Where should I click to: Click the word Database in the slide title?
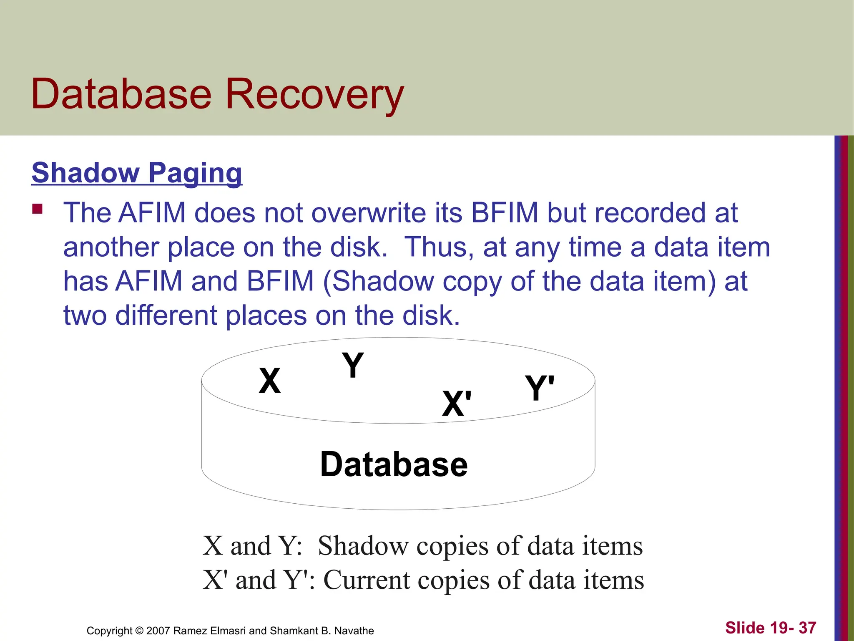pos(121,94)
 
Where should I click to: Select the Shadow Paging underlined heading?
pos(137,173)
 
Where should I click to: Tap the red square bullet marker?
pos(38,209)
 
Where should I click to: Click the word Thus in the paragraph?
pos(439,247)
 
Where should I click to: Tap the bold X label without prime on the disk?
pos(269,381)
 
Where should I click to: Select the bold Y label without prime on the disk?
pos(353,365)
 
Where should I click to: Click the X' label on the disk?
pos(457,404)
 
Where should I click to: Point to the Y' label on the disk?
pos(540,388)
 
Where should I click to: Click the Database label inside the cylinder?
pos(394,464)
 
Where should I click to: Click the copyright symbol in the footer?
pos(139,631)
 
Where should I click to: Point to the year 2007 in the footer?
pos(158,631)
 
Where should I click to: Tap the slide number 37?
pos(807,628)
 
